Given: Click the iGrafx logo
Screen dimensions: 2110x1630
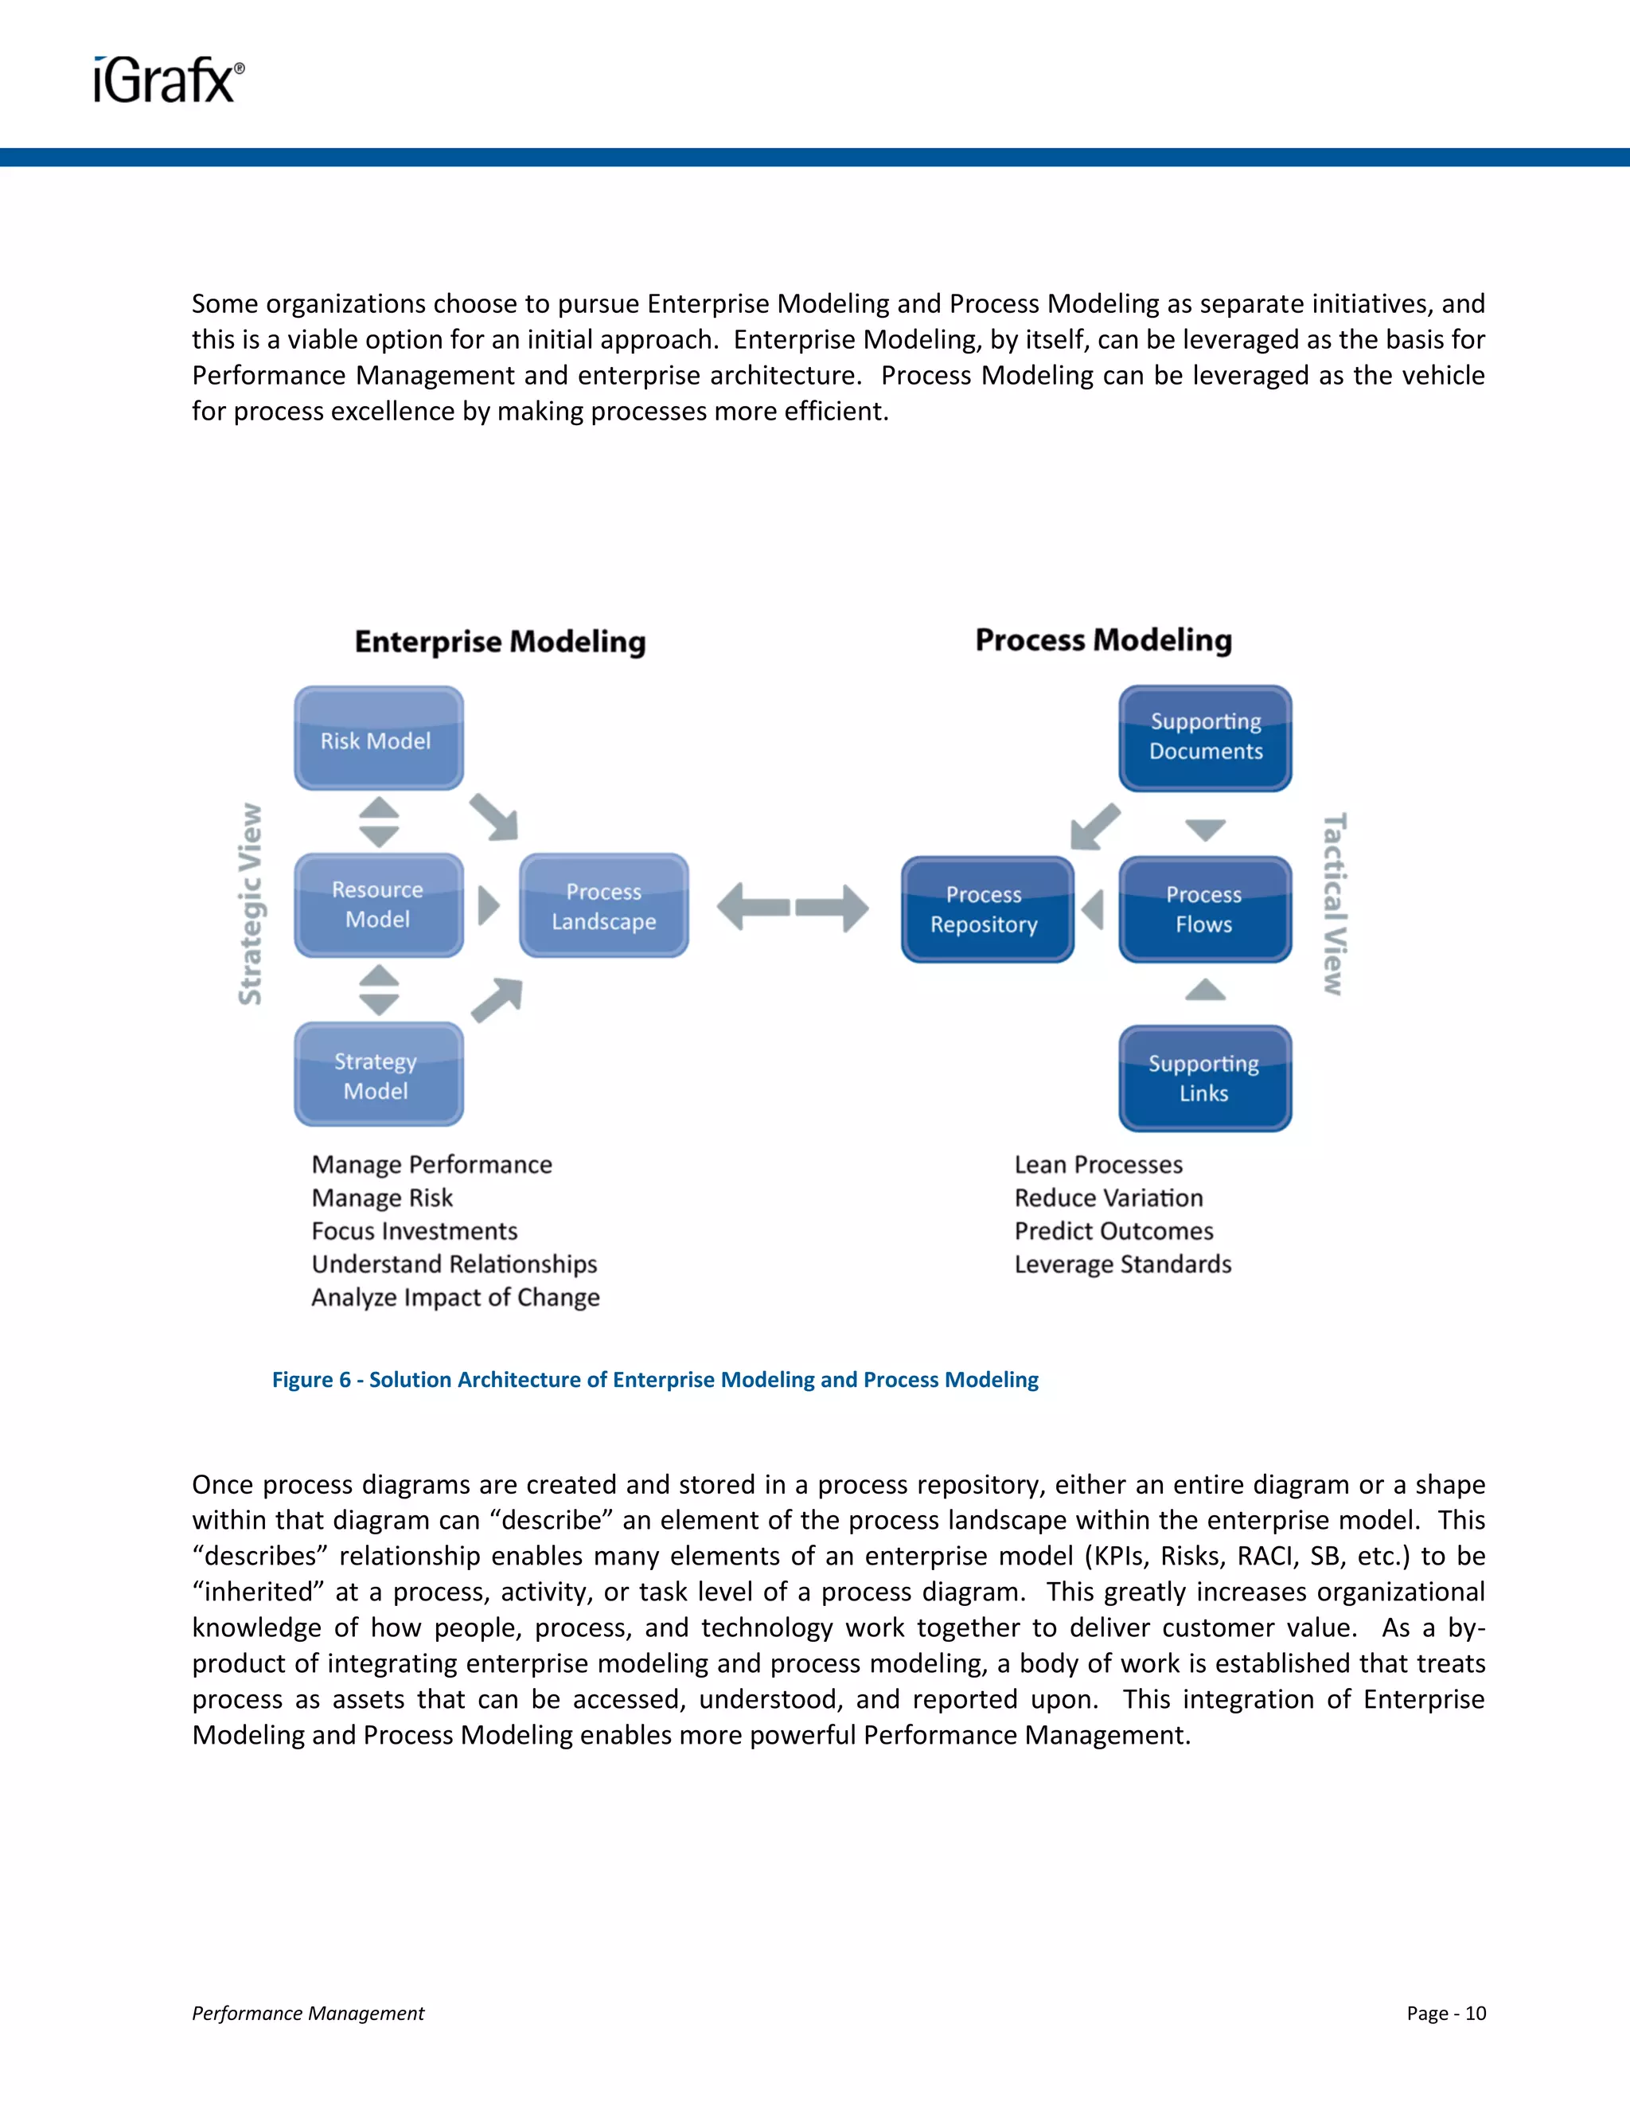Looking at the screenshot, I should [x=169, y=80].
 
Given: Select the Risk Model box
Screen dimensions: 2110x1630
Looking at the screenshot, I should [x=379, y=739].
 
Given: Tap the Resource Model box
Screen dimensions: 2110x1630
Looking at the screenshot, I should [x=379, y=905].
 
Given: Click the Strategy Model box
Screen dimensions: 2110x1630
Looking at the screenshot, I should [x=379, y=1074].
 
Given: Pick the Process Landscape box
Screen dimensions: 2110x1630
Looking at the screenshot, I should [x=603, y=906].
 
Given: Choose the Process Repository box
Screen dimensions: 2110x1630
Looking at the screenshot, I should [x=986, y=909].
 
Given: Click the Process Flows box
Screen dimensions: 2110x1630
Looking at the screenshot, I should [x=1204, y=909].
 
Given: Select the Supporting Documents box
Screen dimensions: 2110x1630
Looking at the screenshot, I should [x=1205, y=738].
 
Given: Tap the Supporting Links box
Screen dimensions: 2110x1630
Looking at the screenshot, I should [x=1204, y=1078].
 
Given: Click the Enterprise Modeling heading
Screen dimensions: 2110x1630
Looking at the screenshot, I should [x=500, y=642].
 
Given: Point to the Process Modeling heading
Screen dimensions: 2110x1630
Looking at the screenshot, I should [x=1103, y=639].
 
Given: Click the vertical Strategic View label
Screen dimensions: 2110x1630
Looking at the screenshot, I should [x=251, y=905].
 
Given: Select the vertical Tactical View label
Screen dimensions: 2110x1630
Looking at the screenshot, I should [x=1334, y=904].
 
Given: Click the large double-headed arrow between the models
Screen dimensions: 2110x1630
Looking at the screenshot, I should [x=793, y=907].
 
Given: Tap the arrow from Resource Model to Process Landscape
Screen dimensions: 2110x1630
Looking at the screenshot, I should [x=489, y=906].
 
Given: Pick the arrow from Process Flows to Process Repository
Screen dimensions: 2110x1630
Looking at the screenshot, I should [x=1093, y=909].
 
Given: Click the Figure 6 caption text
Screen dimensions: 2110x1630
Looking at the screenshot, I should [x=655, y=1380].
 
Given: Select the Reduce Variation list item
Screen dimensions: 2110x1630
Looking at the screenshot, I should [x=1108, y=1198].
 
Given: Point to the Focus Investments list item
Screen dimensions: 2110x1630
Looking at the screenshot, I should [x=414, y=1231].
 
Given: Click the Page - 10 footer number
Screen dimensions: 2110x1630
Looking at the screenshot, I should [x=1445, y=2012].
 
